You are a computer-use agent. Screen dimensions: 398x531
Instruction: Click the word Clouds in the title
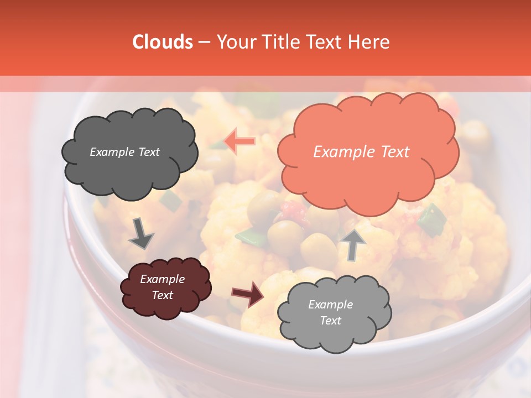tap(162, 42)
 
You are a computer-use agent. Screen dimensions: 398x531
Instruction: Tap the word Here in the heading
tap(370, 42)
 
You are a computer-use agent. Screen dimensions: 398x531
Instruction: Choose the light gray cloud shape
tap(334, 313)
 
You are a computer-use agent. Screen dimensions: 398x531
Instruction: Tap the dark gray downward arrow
tap(141, 233)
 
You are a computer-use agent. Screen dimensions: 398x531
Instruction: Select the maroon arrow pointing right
tap(248, 294)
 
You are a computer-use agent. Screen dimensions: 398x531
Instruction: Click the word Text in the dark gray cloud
tap(148, 152)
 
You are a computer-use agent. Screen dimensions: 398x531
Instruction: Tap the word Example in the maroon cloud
tap(162, 279)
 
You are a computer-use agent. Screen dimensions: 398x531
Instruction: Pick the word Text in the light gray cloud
tap(330, 321)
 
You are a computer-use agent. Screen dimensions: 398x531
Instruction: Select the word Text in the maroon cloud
tap(162, 295)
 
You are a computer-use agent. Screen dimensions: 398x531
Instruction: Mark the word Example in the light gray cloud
tap(330, 305)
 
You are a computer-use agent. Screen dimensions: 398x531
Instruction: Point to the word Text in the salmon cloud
tap(395, 152)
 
